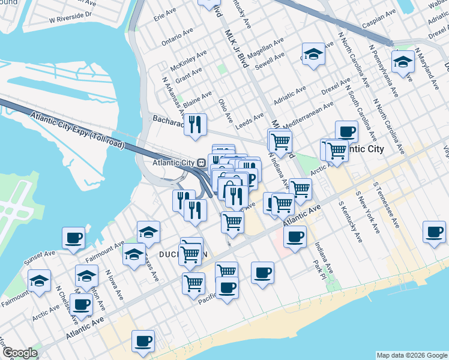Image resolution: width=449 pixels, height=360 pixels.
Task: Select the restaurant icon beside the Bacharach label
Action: tap(194, 124)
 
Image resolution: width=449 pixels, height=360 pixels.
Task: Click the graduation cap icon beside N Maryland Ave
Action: tap(402, 62)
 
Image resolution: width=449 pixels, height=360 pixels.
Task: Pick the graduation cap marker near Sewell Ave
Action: tap(313, 55)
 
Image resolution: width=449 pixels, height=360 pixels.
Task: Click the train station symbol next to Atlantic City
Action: tap(202, 163)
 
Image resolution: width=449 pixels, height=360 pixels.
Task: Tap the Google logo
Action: tap(20, 353)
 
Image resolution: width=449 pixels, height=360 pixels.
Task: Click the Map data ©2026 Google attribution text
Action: tap(411, 355)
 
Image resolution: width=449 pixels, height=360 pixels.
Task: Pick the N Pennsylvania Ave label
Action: tap(384, 71)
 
